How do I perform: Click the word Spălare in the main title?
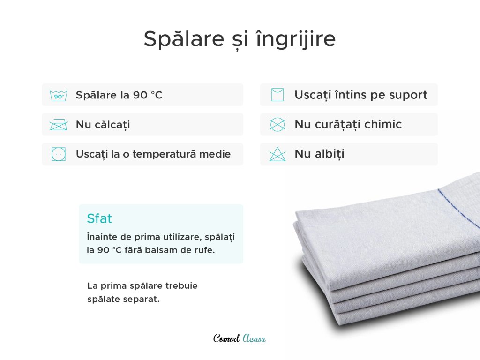pos(184,39)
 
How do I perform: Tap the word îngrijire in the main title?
pos(296,39)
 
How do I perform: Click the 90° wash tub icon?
pos(59,95)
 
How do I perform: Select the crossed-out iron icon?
pos(58,125)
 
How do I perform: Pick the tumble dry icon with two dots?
pos(59,154)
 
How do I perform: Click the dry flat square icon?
pos(277,95)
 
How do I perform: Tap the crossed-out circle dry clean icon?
pos(277,125)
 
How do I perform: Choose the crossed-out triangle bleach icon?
pos(277,154)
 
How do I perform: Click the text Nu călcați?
pos(103,125)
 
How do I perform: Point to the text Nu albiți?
pos(319,154)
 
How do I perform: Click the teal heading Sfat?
pos(99,218)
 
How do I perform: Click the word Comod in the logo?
pos(226,338)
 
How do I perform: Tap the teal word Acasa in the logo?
pos(254,338)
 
